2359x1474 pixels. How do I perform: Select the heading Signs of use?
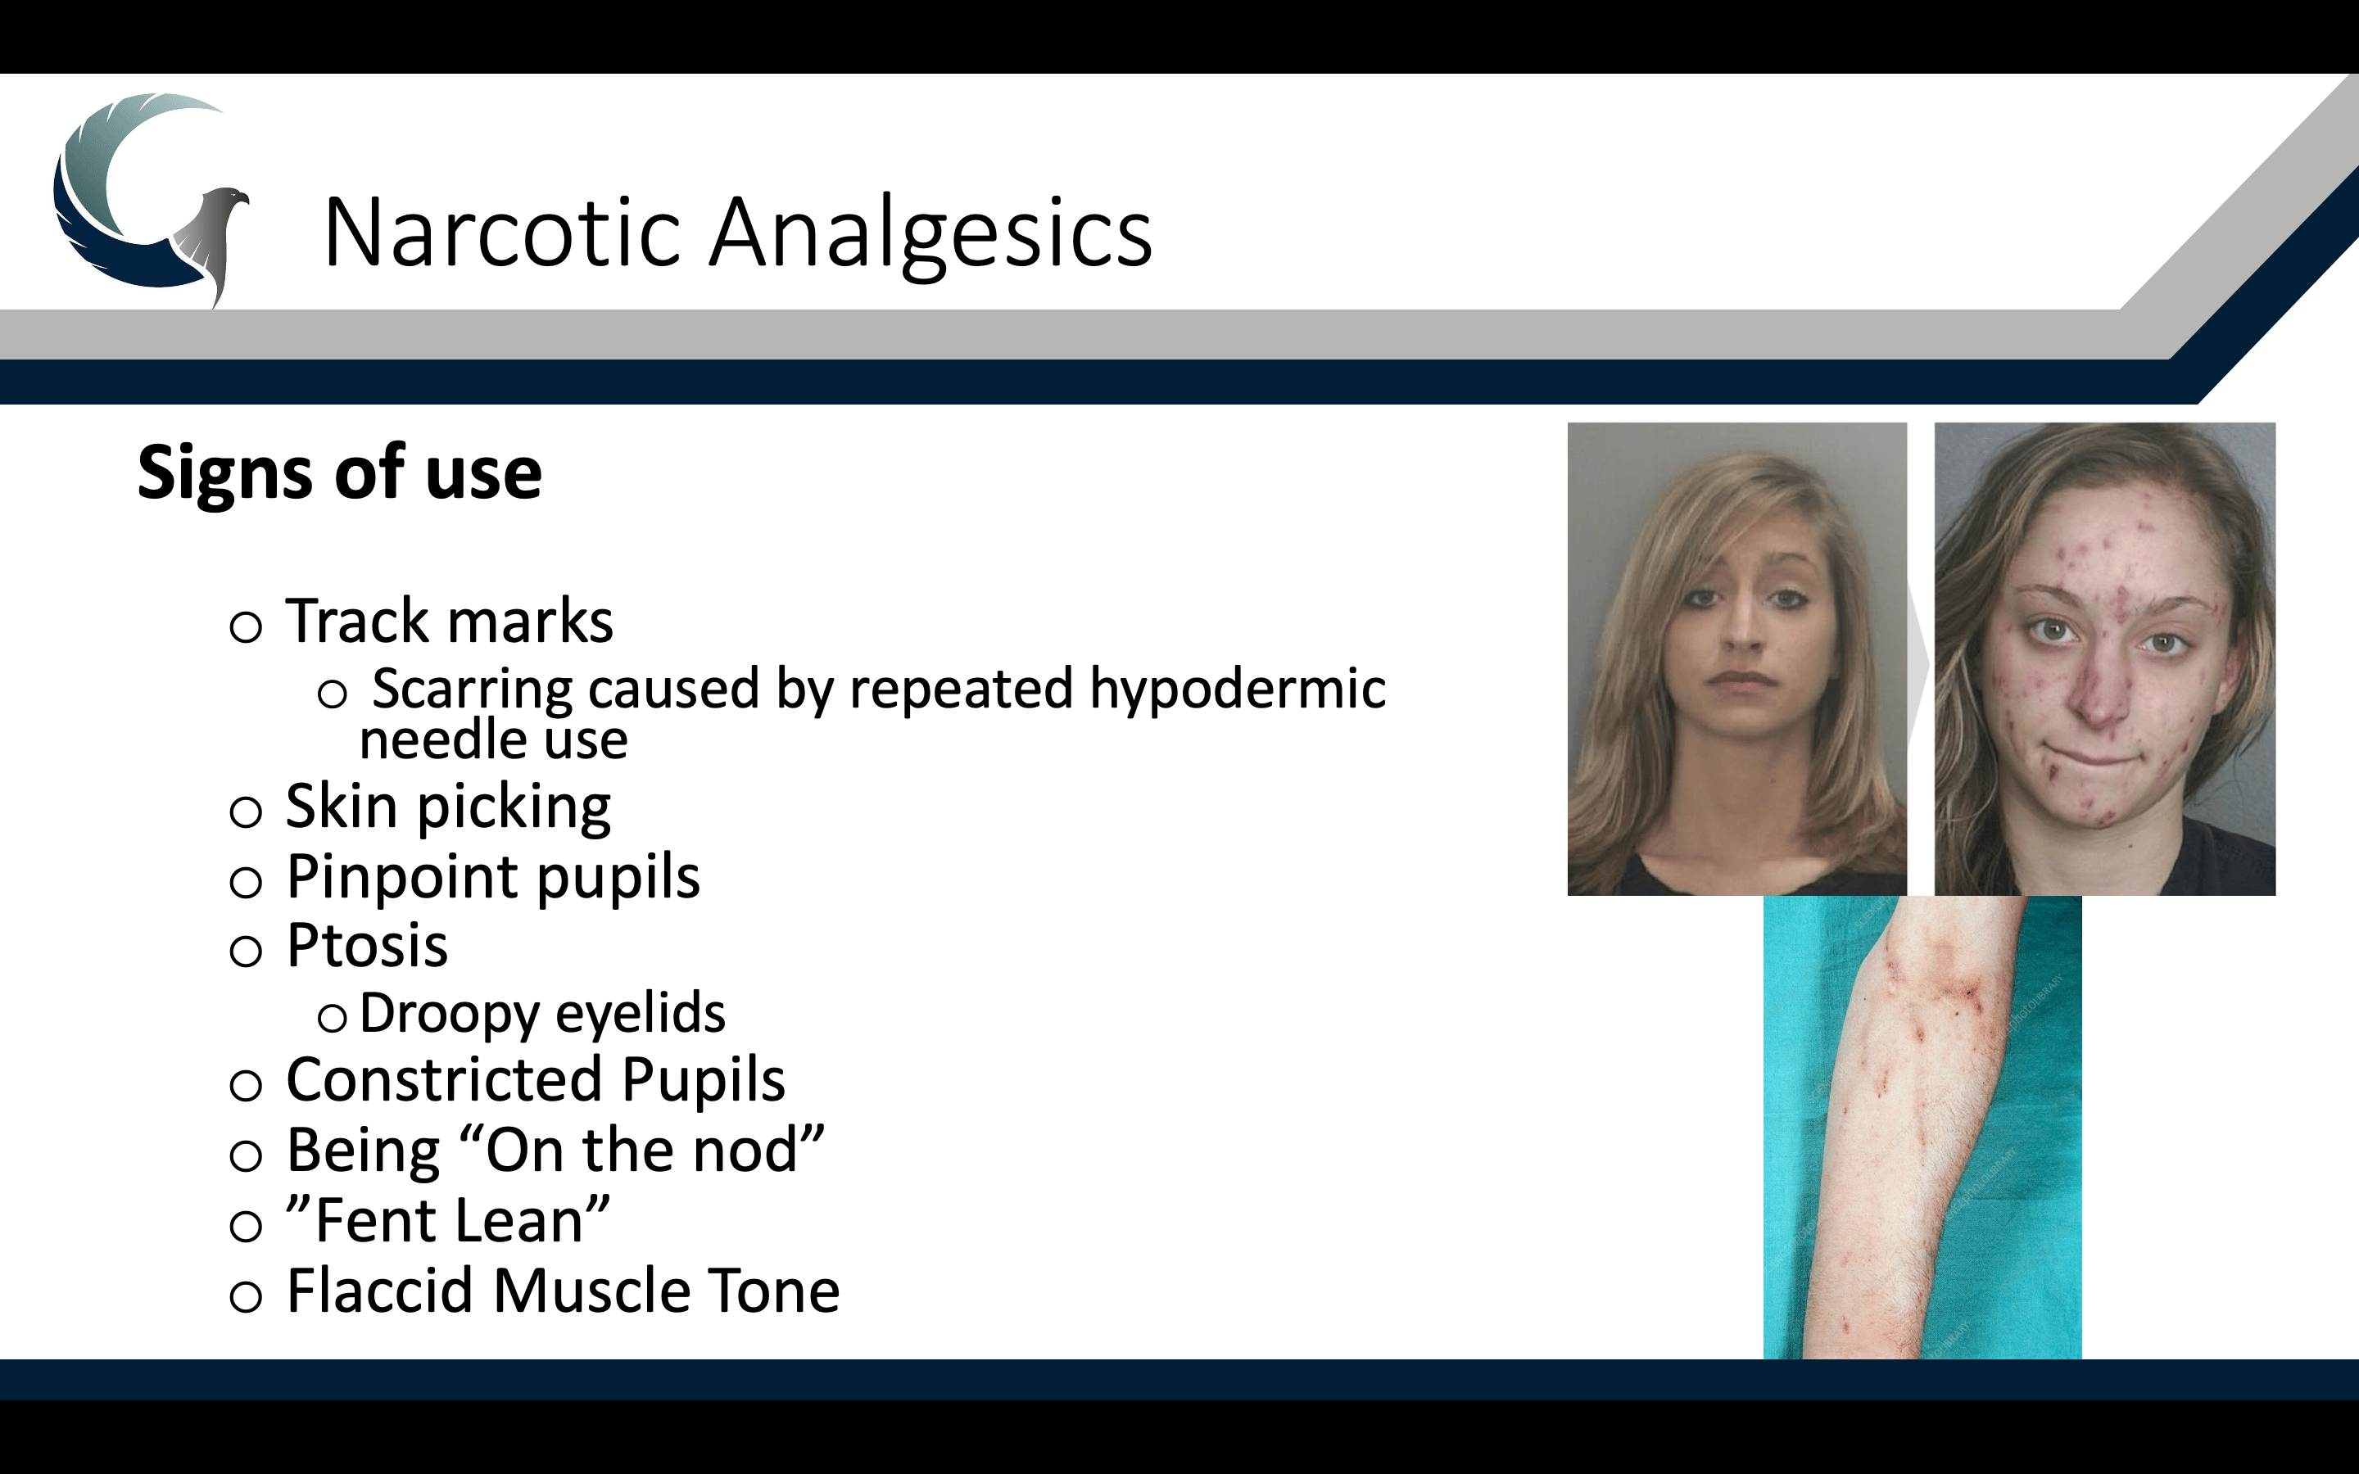click(339, 472)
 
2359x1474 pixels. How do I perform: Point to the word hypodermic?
click(1238, 691)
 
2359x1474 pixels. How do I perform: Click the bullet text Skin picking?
click(448, 808)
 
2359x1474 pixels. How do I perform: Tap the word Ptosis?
click(368, 946)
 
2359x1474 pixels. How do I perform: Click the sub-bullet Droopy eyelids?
click(543, 1014)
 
